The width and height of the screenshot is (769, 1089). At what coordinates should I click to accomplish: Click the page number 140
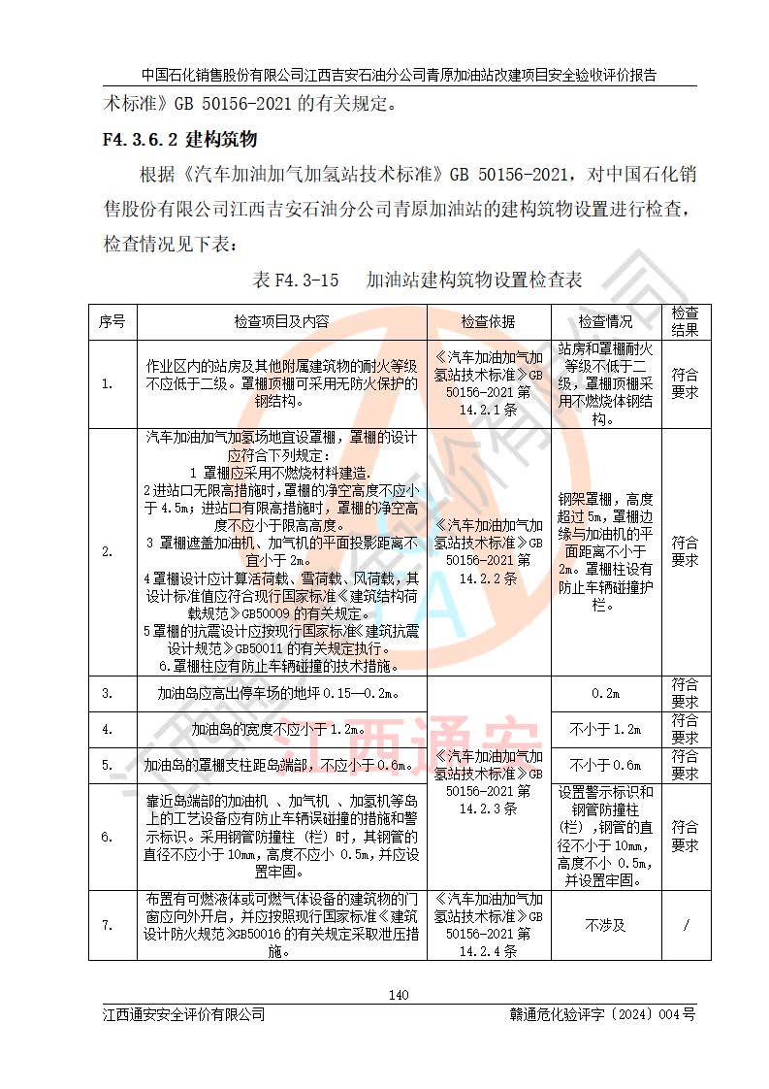click(398, 994)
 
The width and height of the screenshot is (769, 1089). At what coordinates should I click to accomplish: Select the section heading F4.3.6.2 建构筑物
click(179, 139)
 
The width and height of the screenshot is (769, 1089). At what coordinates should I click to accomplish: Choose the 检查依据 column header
click(488, 321)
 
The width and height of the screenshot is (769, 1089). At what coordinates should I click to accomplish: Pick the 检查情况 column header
click(605, 321)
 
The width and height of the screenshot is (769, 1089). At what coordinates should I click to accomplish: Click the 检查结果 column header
click(685, 321)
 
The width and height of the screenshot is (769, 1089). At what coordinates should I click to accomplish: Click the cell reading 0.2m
click(605, 694)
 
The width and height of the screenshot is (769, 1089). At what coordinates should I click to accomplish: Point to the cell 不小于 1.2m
click(605, 729)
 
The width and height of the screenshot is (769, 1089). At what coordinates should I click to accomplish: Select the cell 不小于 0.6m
click(605, 765)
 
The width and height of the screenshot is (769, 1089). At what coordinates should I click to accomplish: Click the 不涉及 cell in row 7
click(605, 925)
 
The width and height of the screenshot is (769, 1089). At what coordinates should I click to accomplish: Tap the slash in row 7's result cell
click(685, 925)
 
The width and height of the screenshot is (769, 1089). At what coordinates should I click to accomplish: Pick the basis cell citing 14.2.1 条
click(488, 383)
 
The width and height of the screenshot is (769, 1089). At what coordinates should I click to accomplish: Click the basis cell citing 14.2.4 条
click(488, 925)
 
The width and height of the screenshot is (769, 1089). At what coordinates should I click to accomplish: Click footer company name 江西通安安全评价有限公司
click(184, 1014)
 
